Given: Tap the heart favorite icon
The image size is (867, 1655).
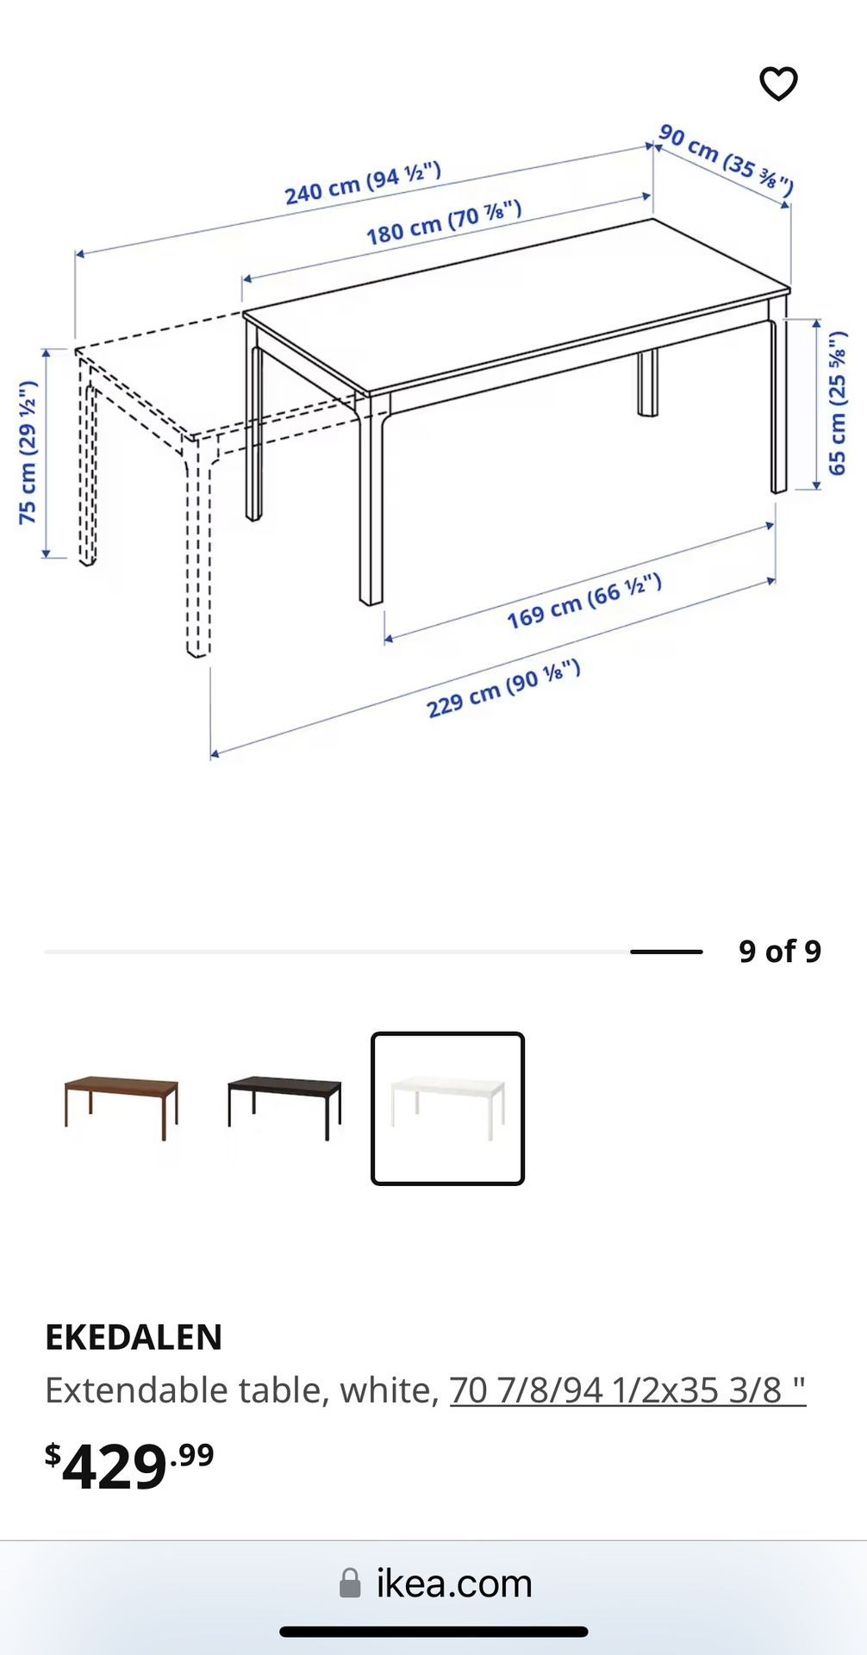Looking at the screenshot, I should pyautogui.click(x=778, y=84).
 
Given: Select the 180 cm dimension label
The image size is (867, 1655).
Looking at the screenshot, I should pyautogui.click(x=443, y=222).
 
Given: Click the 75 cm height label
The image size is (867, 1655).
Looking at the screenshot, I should pyautogui.click(x=28, y=453).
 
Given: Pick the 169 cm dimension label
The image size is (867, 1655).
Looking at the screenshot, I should pyautogui.click(x=583, y=601).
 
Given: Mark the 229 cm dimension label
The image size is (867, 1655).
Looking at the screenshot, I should pyautogui.click(x=503, y=688).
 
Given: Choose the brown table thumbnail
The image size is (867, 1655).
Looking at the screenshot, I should pyautogui.click(x=122, y=1108).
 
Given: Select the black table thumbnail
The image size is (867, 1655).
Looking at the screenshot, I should pyautogui.click(x=284, y=1108).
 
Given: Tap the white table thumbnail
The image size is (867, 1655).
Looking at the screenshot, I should pyautogui.click(x=447, y=1109).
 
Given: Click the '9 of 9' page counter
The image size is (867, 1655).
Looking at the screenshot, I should pyautogui.click(x=779, y=952).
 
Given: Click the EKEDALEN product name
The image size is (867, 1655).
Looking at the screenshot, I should pyautogui.click(x=134, y=1337).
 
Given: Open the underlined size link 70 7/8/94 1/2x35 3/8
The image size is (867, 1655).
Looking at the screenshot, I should pyautogui.click(x=627, y=1390).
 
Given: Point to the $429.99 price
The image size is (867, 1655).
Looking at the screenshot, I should pyautogui.click(x=129, y=1465).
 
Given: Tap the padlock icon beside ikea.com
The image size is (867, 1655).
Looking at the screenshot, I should pyautogui.click(x=350, y=1583).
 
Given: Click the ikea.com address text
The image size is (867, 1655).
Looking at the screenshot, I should pyautogui.click(x=454, y=1583).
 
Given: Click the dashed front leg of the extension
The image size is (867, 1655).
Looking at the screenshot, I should pyautogui.click(x=197, y=552).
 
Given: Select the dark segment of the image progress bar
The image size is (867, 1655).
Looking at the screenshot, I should pyautogui.click(x=666, y=952).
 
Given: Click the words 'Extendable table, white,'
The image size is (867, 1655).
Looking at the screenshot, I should pyautogui.click(x=242, y=1390).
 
